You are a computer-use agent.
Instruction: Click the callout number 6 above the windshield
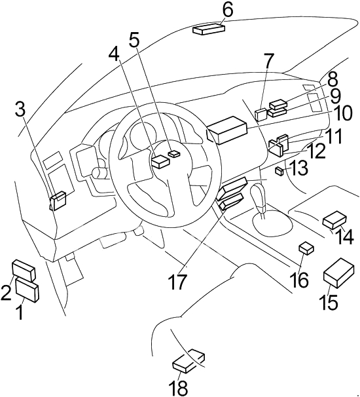click(x=228, y=11)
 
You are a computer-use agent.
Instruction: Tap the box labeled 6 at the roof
click(x=209, y=29)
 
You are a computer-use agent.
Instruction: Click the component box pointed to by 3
click(x=58, y=200)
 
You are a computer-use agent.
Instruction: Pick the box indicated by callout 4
click(x=160, y=161)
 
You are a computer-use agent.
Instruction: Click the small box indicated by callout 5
click(x=174, y=154)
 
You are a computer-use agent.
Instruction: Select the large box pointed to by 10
click(x=226, y=130)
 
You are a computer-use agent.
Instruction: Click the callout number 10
click(x=341, y=113)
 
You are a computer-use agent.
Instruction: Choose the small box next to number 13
click(x=279, y=171)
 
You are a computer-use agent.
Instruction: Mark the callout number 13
click(x=298, y=168)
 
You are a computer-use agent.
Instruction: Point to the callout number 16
click(x=300, y=280)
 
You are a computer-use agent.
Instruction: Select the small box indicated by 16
click(x=306, y=248)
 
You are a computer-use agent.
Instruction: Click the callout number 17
click(x=178, y=282)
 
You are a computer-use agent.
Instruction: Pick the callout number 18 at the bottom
click(x=179, y=388)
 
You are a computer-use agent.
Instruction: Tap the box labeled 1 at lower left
click(x=27, y=290)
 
